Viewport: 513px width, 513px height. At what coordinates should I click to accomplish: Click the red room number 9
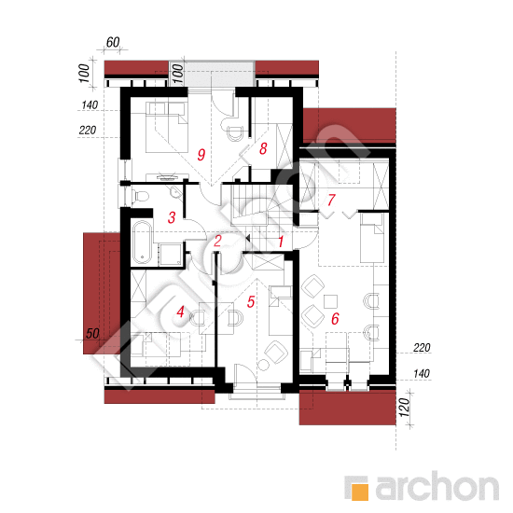pos(201,155)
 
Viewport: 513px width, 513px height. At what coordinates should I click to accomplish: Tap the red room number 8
pos(263,148)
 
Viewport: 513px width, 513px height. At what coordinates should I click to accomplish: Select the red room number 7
pos(331,200)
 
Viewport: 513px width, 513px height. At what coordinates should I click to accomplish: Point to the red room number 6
pos(335,319)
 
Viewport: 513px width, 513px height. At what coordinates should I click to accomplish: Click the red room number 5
pos(251,301)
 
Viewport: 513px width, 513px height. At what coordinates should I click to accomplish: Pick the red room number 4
pos(180,312)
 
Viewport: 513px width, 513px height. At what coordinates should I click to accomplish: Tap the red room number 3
pos(172,217)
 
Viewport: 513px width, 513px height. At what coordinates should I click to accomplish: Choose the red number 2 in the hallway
pos(217,241)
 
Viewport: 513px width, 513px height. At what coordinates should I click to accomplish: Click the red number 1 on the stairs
pos(281,242)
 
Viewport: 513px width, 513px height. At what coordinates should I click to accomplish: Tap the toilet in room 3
pos(141,197)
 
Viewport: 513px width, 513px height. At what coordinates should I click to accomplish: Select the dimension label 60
pos(113,42)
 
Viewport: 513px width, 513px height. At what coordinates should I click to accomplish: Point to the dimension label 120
pos(405,407)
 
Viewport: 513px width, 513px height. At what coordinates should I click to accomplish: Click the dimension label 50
pos(92,333)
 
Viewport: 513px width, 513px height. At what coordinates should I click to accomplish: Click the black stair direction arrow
pos(248,238)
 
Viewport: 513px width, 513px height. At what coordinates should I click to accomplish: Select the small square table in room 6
pos(330,301)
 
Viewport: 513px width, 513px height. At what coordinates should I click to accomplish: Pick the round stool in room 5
pos(263,365)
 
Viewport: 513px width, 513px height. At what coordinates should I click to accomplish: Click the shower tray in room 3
pos(170,255)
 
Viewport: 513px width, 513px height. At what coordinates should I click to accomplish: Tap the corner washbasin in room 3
pos(176,192)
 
